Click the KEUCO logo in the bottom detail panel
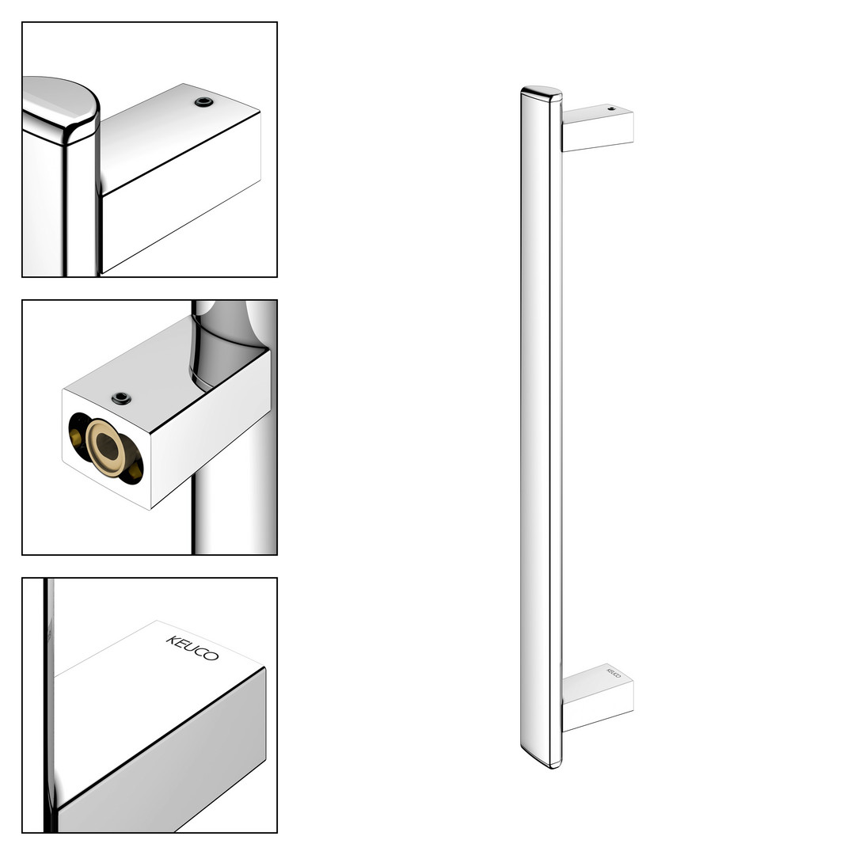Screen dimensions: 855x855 point(192,648)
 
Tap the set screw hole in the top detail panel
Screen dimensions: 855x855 point(204,102)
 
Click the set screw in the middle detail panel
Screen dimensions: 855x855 point(121,398)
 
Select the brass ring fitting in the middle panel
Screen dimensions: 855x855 point(107,447)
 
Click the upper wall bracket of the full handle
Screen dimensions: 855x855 point(598,127)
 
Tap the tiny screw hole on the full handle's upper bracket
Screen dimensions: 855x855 point(611,108)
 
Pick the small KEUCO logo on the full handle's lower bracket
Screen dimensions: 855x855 point(614,672)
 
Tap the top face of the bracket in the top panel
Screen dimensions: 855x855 point(180,136)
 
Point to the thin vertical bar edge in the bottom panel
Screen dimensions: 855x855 point(48,704)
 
